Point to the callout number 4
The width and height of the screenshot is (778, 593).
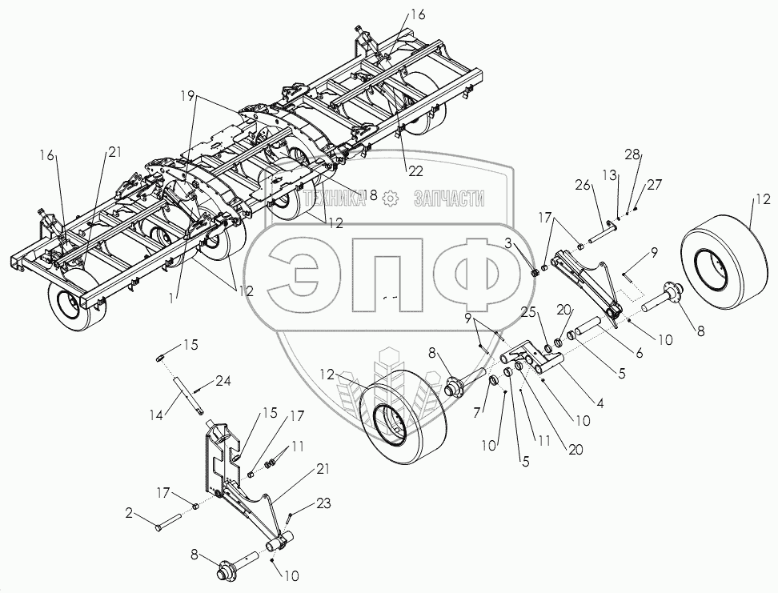point(600,405)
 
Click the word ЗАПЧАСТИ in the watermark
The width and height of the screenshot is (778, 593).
point(449,198)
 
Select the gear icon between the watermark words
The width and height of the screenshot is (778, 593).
point(390,198)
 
